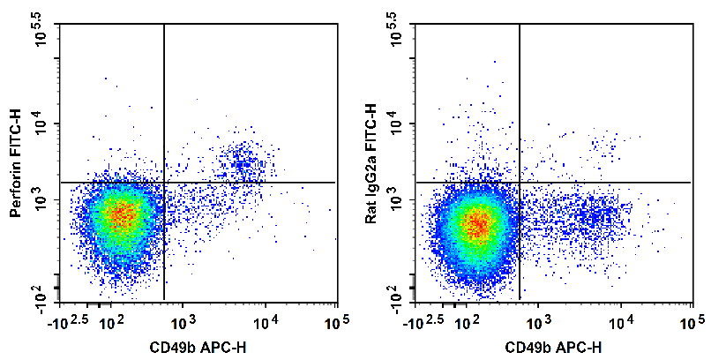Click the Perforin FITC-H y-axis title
[14, 164]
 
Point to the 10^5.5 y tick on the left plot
[44, 30]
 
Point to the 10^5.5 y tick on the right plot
[399, 30]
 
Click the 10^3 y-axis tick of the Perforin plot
[44, 202]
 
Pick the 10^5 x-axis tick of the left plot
[336, 322]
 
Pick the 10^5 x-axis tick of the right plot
[691, 322]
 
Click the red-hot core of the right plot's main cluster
[477, 224]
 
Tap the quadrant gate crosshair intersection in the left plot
[164, 183]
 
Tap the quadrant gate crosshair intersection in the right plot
[520, 183]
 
